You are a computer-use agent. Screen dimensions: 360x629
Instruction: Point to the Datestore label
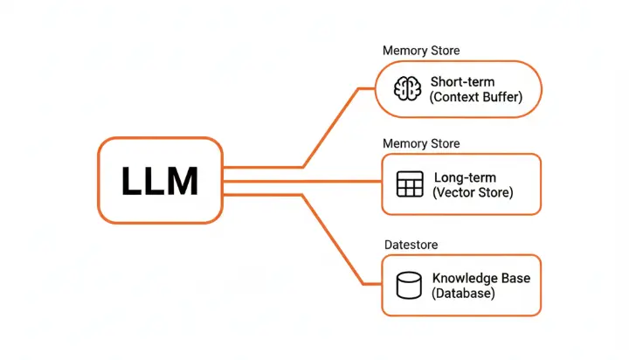click(411, 245)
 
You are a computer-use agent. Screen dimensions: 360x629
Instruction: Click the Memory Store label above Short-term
click(420, 50)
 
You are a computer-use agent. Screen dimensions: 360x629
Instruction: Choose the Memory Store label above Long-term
click(420, 143)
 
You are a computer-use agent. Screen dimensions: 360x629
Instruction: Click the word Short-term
click(463, 82)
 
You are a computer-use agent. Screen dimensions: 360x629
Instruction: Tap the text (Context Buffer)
click(475, 97)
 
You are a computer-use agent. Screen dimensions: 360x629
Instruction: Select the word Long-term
click(466, 177)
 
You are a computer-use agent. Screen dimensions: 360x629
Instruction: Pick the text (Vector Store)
click(473, 192)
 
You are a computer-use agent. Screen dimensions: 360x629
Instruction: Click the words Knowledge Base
click(480, 279)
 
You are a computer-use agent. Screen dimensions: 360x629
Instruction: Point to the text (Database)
click(463, 294)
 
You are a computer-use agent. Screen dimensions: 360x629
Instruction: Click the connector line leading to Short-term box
click(332, 128)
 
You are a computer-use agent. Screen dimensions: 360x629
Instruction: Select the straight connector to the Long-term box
click(301, 181)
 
